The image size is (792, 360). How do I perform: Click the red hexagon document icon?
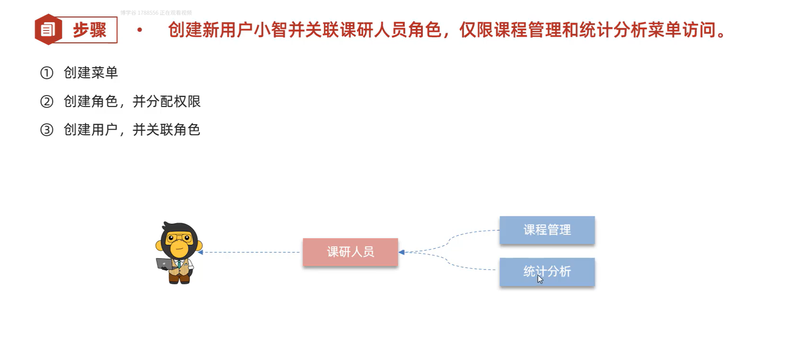48,29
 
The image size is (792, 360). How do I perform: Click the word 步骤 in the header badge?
90,30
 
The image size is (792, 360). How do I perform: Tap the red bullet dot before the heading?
140,30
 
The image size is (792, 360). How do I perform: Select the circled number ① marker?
47,73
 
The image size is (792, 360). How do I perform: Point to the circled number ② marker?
47,101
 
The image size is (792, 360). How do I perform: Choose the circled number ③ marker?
47,130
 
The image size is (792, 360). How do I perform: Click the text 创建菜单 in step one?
91,73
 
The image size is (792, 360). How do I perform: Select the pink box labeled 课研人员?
350,252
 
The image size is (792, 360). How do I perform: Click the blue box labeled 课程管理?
547,230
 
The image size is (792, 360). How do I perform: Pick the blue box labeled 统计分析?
547,271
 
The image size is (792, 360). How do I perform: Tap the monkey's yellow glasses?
179,237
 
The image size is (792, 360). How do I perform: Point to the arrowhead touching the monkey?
200,252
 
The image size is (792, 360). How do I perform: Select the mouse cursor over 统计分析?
540,279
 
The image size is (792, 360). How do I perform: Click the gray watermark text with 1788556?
156,13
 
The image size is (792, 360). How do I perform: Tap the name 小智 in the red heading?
271,30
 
